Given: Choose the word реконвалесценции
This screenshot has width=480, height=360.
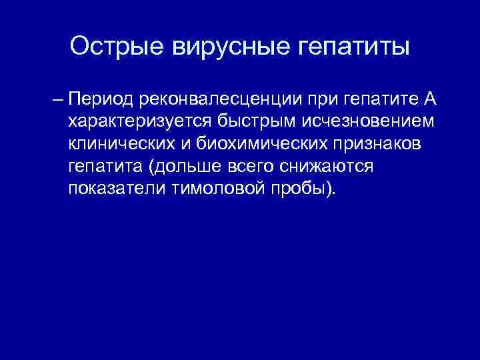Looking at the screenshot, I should pyautogui.click(x=221, y=101).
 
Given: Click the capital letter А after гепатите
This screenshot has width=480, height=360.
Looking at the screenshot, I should pyautogui.click(x=429, y=100).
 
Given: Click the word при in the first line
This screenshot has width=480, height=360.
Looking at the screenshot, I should pyautogui.click(x=323, y=101).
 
